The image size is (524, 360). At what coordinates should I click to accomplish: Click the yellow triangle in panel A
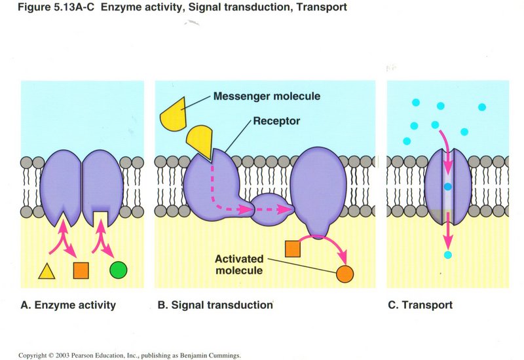coord(47,270)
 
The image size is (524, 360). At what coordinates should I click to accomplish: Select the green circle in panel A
coord(119,269)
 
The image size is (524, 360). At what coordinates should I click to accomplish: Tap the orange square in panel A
coord(81,269)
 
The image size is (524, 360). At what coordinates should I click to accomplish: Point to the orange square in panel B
coord(293,249)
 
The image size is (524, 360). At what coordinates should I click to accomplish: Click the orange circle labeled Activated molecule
coord(345,274)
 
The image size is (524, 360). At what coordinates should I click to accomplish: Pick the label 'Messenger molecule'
coord(267,96)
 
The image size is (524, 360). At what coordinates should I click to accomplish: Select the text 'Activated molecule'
coord(239,264)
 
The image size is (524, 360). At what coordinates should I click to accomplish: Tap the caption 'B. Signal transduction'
coord(213,305)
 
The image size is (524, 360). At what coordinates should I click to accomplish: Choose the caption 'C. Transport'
coord(419,305)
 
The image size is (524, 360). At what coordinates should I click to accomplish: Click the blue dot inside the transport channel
coord(447,187)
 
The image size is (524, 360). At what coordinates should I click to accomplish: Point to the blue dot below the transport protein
coord(447,255)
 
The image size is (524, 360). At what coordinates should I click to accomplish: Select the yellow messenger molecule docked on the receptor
coord(199,142)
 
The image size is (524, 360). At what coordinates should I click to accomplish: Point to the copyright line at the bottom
coord(130,355)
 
